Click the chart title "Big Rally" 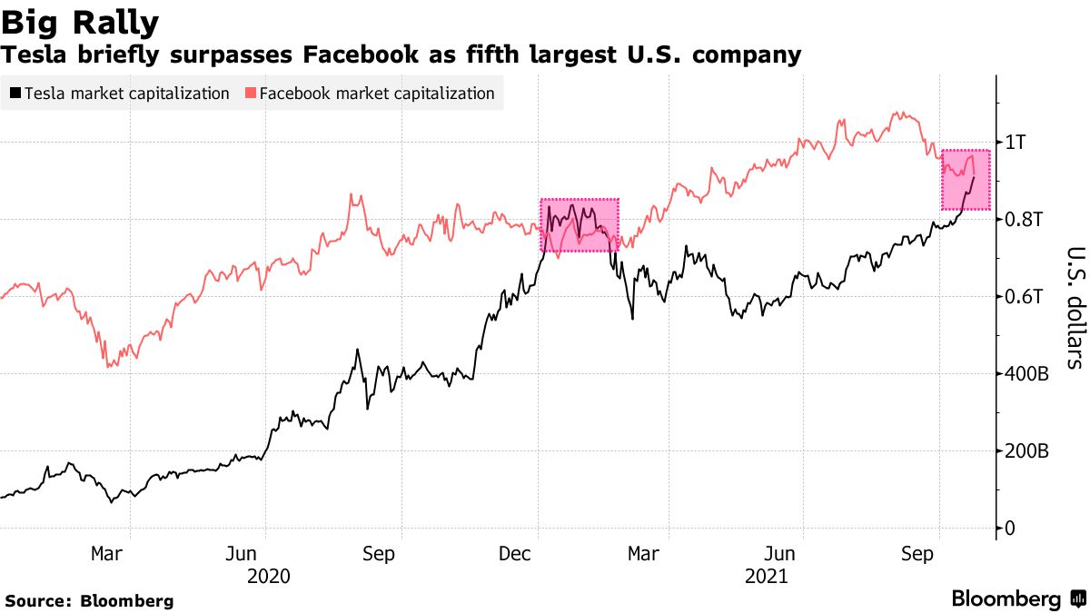82,22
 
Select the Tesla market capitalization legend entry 119,94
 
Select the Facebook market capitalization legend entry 370,94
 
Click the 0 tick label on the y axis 1009,528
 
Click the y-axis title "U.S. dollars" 1073,308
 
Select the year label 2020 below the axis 268,576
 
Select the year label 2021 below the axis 767,576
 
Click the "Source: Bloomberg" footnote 89,600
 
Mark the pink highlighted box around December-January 580,224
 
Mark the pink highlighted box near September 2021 966,180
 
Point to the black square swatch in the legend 15,94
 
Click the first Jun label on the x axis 242,553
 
